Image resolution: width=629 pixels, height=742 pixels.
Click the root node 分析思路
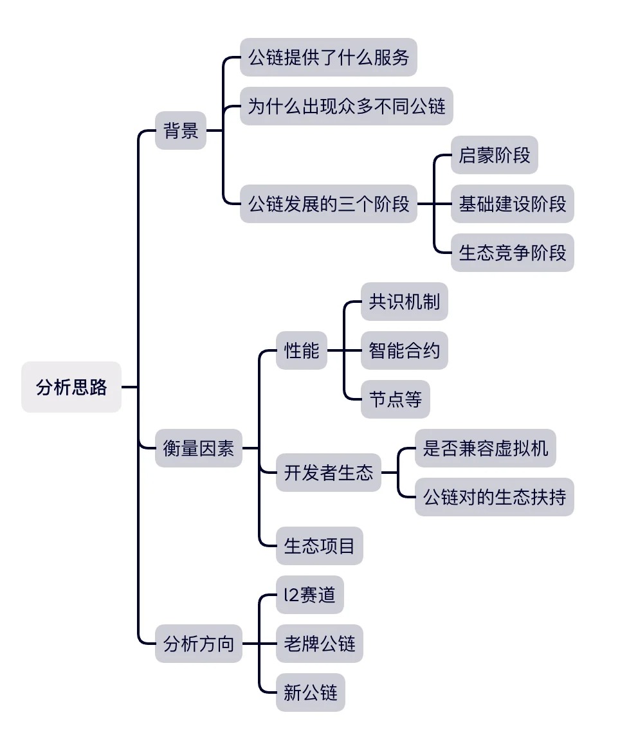coord(71,387)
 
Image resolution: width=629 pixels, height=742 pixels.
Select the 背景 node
coord(181,131)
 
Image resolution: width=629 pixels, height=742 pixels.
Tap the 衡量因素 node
coord(199,448)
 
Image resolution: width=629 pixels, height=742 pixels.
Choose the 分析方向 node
coord(199,644)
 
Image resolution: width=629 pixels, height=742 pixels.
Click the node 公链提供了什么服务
coord(329,57)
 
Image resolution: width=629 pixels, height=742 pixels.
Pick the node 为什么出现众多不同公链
coord(347,106)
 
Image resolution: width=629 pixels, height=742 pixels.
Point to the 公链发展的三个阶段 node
coord(329,204)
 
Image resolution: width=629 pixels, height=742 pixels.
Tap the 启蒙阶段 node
coord(494,155)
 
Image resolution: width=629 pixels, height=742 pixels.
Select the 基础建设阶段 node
coord(512,204)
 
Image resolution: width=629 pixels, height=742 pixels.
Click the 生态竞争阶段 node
coord(512,253)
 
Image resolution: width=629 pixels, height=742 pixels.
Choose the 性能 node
coord(302,350)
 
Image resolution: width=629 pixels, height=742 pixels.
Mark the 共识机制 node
coord(404,302)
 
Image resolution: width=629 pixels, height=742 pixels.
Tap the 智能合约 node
coord(404,350)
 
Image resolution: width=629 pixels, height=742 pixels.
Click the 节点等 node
coord(395,399)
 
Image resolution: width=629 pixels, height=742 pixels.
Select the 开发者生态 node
coord(329,473)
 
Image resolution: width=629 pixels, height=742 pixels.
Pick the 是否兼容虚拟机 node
coord(485,448)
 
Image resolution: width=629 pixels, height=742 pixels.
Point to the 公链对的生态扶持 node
coord(494,497)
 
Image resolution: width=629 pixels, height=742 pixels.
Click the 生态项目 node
coord(320,546)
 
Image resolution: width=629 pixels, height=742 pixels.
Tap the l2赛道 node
coord(310,595)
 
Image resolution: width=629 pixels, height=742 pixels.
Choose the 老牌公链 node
coord(320,644)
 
